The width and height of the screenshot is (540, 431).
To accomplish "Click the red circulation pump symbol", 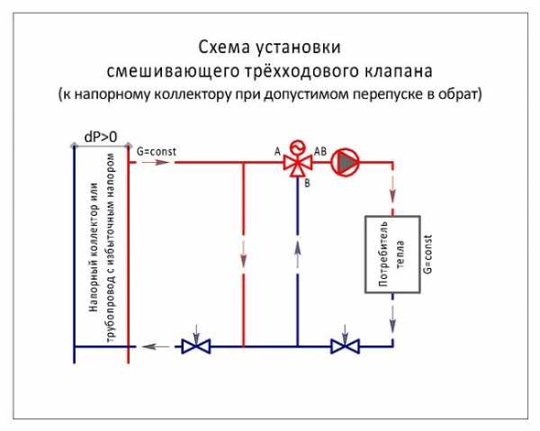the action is coord(345,162).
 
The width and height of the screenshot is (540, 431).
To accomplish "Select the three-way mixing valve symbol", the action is coord(298,163).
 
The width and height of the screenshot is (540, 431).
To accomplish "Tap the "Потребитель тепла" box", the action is coord(392,255).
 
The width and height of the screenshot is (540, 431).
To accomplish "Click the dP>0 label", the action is coord(101,137).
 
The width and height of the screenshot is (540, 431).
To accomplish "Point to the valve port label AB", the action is coord(320,151).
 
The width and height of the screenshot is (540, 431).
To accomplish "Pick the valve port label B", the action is coord(307,184).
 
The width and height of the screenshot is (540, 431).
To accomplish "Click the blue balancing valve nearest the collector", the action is coord(196,346).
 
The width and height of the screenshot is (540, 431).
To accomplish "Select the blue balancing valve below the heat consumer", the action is coord(345,346).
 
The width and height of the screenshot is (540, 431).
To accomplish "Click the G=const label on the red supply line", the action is coord(157,151).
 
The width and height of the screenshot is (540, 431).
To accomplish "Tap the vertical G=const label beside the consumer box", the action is coord(427,255).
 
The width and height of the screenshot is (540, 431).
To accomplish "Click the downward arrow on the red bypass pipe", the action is coord(244,255).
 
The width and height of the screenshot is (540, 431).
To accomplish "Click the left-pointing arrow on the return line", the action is coord(155,346).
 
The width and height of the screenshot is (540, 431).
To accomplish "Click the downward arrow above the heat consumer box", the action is coord(392,195).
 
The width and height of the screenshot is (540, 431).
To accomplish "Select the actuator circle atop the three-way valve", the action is coord(298,148).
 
